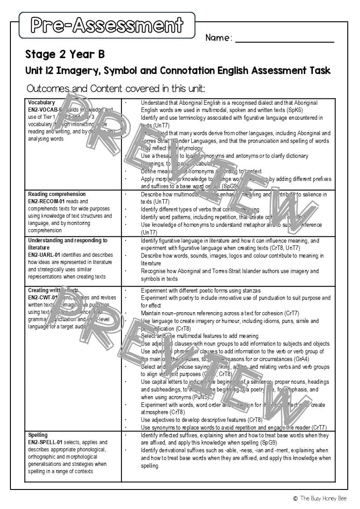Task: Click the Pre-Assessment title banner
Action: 107,25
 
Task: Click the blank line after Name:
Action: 284,40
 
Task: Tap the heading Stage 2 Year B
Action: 65,54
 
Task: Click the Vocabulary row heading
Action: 41,103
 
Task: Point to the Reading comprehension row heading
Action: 57,194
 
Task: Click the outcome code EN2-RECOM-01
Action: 46,201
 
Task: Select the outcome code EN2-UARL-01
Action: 44,255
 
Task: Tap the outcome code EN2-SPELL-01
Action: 45,442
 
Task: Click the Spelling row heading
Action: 38,435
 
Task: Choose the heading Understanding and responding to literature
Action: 67,244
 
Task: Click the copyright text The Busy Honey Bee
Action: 323,498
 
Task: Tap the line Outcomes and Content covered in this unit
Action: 116,88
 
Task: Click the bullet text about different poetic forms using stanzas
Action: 200,290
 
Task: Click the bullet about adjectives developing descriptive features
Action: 201,420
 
